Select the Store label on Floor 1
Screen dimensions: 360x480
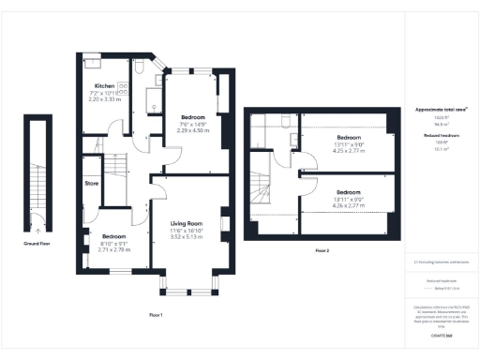[x=92, y=184]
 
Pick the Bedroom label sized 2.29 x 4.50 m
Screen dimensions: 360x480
[x=193, y=118]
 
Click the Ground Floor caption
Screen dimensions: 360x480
[x=37, y=243]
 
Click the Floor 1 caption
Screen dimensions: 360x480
[x=156, y=313]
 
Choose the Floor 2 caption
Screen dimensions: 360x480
[x=322, y=250]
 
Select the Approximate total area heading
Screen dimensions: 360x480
[x=442, y=109]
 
